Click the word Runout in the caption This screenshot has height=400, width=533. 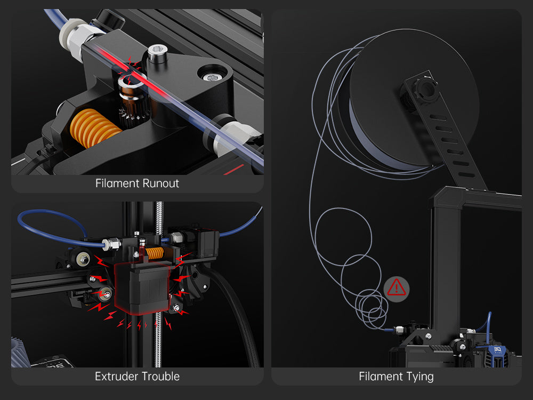[x=160, y=183]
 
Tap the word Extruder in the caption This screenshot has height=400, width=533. [x=115, y=377]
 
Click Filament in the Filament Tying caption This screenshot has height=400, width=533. [x=379, y=377]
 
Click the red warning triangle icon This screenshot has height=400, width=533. [x=396, y=288]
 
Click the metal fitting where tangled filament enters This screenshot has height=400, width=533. [x=399, y=330]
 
